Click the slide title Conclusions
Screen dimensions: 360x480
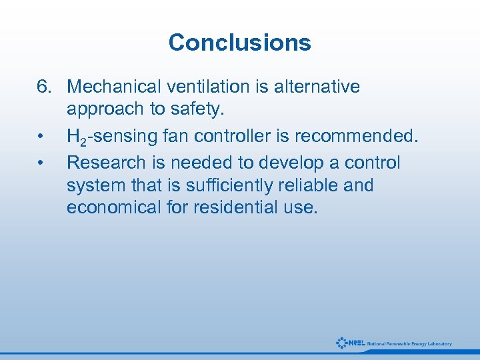click(240, 43)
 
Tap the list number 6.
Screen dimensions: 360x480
click(44, 87)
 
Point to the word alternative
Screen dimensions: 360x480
click(319, 87)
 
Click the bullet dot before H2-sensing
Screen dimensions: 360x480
click(41, 137)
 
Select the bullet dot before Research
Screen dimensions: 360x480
click(41, 162)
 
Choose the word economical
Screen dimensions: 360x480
click(114, 207)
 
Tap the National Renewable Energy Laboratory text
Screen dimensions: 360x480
click(409, 344)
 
